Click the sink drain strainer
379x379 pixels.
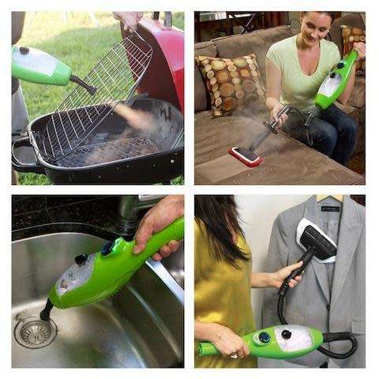[x=35, y=332]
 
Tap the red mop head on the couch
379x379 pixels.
[x=246, y=156]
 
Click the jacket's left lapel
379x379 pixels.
[x=292, y=237]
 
